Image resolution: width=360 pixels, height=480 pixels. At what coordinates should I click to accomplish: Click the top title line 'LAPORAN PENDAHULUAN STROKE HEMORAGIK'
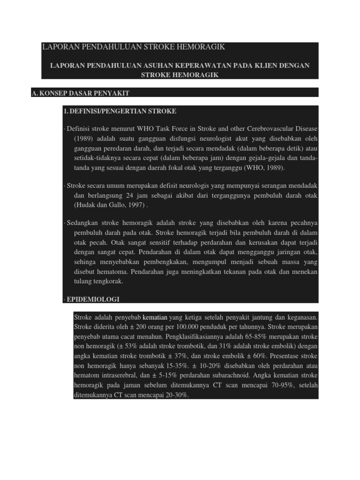[x=134, y=47]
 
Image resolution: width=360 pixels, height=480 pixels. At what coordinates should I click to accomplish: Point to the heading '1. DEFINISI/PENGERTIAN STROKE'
[x=120, y=111]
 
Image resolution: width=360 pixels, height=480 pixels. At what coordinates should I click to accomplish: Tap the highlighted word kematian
[x=155, y=317]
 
